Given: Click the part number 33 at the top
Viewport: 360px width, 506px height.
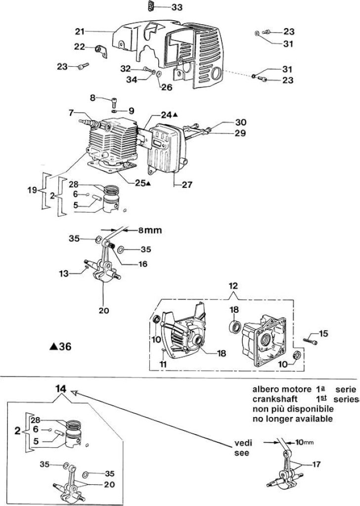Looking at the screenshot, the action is pyautogui.click(x=177, y=7).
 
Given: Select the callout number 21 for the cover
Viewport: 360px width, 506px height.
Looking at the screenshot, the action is pyautogui.click(x=80, y=31).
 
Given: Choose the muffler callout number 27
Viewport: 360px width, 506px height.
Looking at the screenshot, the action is pyautogui.click(x=187, y=185).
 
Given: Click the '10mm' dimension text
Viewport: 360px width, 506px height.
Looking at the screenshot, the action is pyautogui.click(x=304, y=442).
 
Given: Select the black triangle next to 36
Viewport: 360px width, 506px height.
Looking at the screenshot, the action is pyautogui.click(x=53, y=347).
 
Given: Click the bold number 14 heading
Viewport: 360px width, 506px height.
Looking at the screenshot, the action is pyautogui.click(x=61, y=389).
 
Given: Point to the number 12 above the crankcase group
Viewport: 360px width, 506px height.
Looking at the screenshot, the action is pyautogui.click(x=233, y=286).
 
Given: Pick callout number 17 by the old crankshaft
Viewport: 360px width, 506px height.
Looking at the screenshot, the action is pyautogui.click(x=316, y=464).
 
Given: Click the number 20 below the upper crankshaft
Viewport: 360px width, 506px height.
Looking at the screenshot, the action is pyautogui.click(x=104, y=310).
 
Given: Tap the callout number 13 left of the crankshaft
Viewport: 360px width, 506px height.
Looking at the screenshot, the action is pyautogui.click(x=64, y=274).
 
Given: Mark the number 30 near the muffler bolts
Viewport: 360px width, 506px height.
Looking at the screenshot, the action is pyautogui.click(x=241, y=122).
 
